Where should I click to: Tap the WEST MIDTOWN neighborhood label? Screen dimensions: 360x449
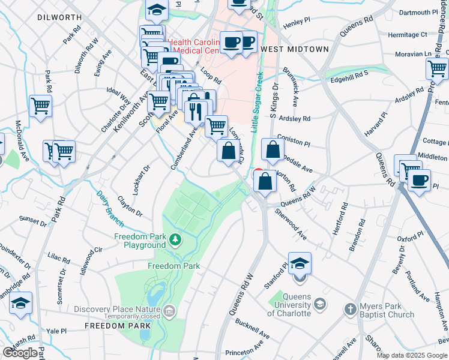point(295,49)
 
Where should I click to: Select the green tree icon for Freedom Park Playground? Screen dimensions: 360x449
point(175,240)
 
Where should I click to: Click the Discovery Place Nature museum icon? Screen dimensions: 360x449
point(170,310)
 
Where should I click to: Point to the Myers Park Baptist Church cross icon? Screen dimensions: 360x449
point(351,309)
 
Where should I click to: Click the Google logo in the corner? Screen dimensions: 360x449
point(20,352)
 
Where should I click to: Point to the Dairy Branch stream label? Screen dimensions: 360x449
point(110,209)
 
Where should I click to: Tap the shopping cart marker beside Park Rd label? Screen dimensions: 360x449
point(40,106)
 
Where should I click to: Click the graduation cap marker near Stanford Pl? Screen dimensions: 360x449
point(300,263)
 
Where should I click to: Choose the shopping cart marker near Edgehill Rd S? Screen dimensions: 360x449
point(437,69)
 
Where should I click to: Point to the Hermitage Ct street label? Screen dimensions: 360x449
point(408,35)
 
